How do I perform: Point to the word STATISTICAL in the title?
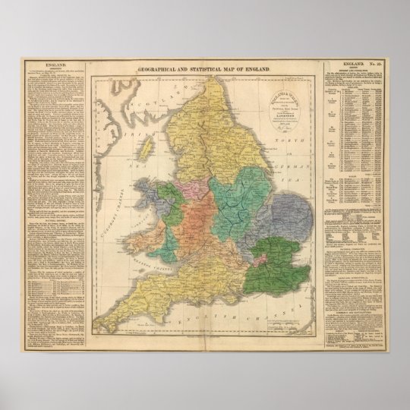point(203,69)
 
